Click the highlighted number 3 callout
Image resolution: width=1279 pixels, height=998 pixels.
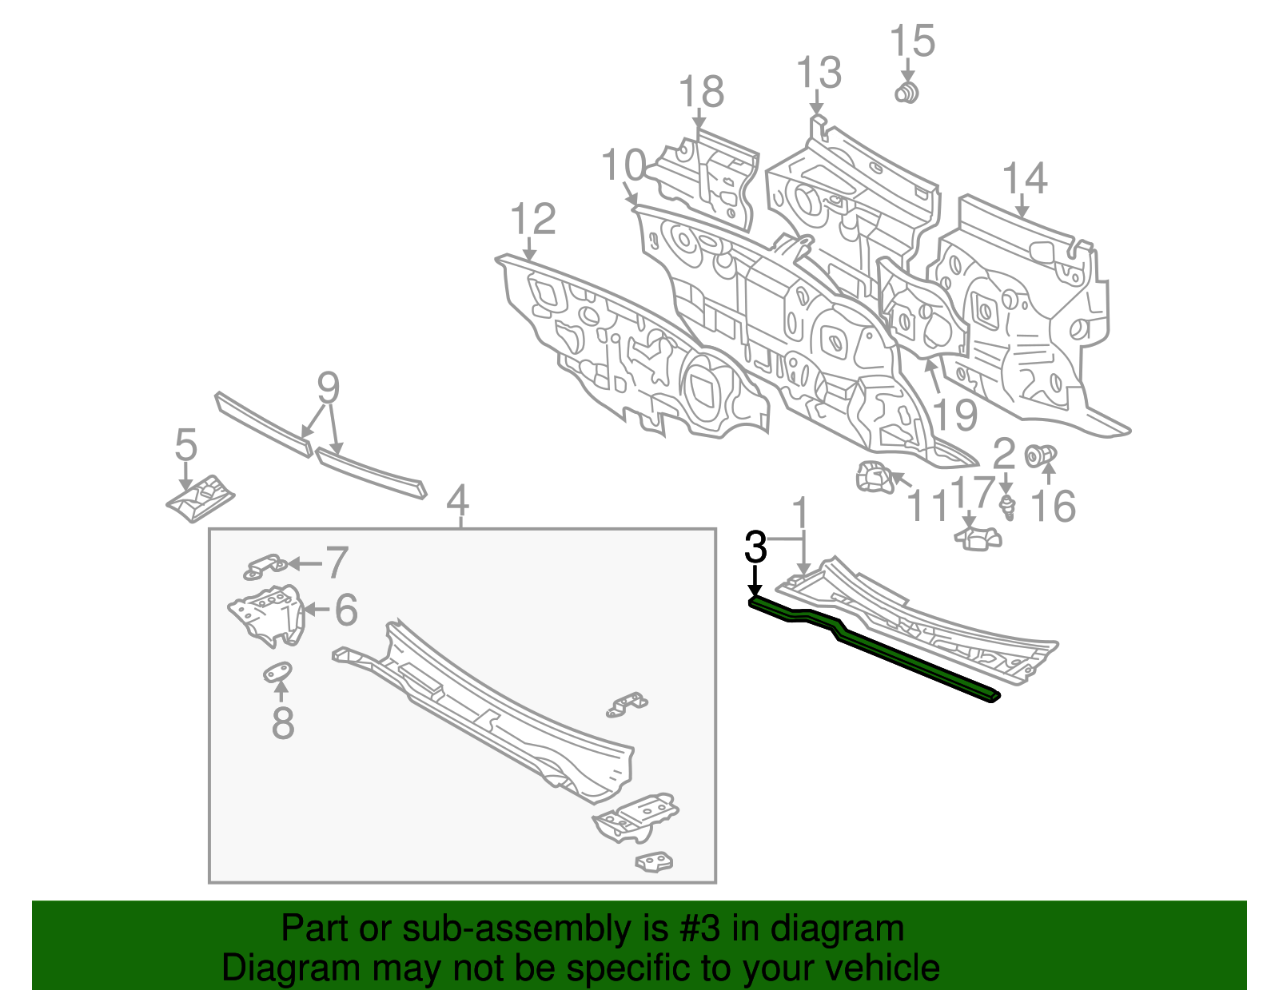[x=755, y=548]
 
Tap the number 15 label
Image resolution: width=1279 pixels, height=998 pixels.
[x=912, y=41]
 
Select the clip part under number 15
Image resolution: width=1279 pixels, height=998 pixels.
[x=906, y=93]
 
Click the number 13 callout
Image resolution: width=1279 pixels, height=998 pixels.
[x=819, y=74]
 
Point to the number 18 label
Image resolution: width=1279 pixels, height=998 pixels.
[x=701, y=92]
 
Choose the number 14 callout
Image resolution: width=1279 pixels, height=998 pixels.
[x=1024, y=179]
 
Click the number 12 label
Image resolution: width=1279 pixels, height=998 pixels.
[x=533, y=219]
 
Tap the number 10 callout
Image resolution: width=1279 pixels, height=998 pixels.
[x=623, y=166]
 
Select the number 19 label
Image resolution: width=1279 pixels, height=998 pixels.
[x=954, y=416]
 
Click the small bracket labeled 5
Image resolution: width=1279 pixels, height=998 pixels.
[x=201, y=499]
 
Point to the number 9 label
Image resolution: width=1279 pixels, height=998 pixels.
[x=329, y=389]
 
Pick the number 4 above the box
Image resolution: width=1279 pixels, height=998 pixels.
[x=457, y=501]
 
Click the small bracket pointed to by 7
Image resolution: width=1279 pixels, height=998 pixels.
[x=265, y=567]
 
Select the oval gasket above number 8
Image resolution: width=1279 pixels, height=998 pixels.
[x=278, y=673]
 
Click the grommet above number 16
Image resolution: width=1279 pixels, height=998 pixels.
[x=1041, y=456]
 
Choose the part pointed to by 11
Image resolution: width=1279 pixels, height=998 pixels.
[x=874, y=478]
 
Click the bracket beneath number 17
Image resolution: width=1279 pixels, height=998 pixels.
[x=978, y=539]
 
